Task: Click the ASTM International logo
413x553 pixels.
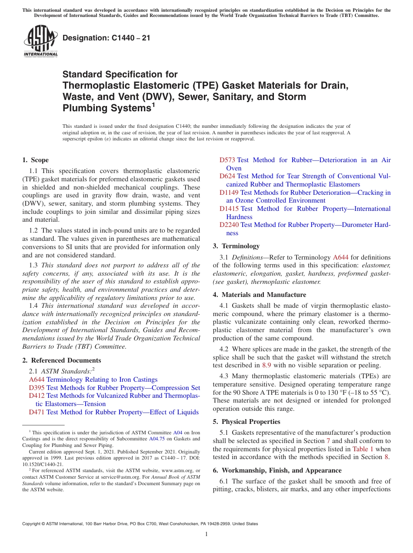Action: pos(40,42)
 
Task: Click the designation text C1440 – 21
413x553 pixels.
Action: pos(106,38)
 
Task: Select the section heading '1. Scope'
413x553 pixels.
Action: pos(36,160)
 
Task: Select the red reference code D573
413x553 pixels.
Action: pos(227,160)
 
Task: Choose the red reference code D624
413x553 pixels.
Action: pos(227,176)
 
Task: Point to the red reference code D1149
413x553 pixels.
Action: pos(229,193)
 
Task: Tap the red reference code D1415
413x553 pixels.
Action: pos(229,209)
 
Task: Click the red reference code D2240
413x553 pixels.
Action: pos(229,225)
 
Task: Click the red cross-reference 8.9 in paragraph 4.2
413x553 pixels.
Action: pos(266,366)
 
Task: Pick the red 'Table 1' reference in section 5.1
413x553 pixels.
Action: pos(363,449)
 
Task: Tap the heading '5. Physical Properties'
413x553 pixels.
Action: pos(246,422)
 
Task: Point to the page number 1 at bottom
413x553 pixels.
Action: pos(206,534)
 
